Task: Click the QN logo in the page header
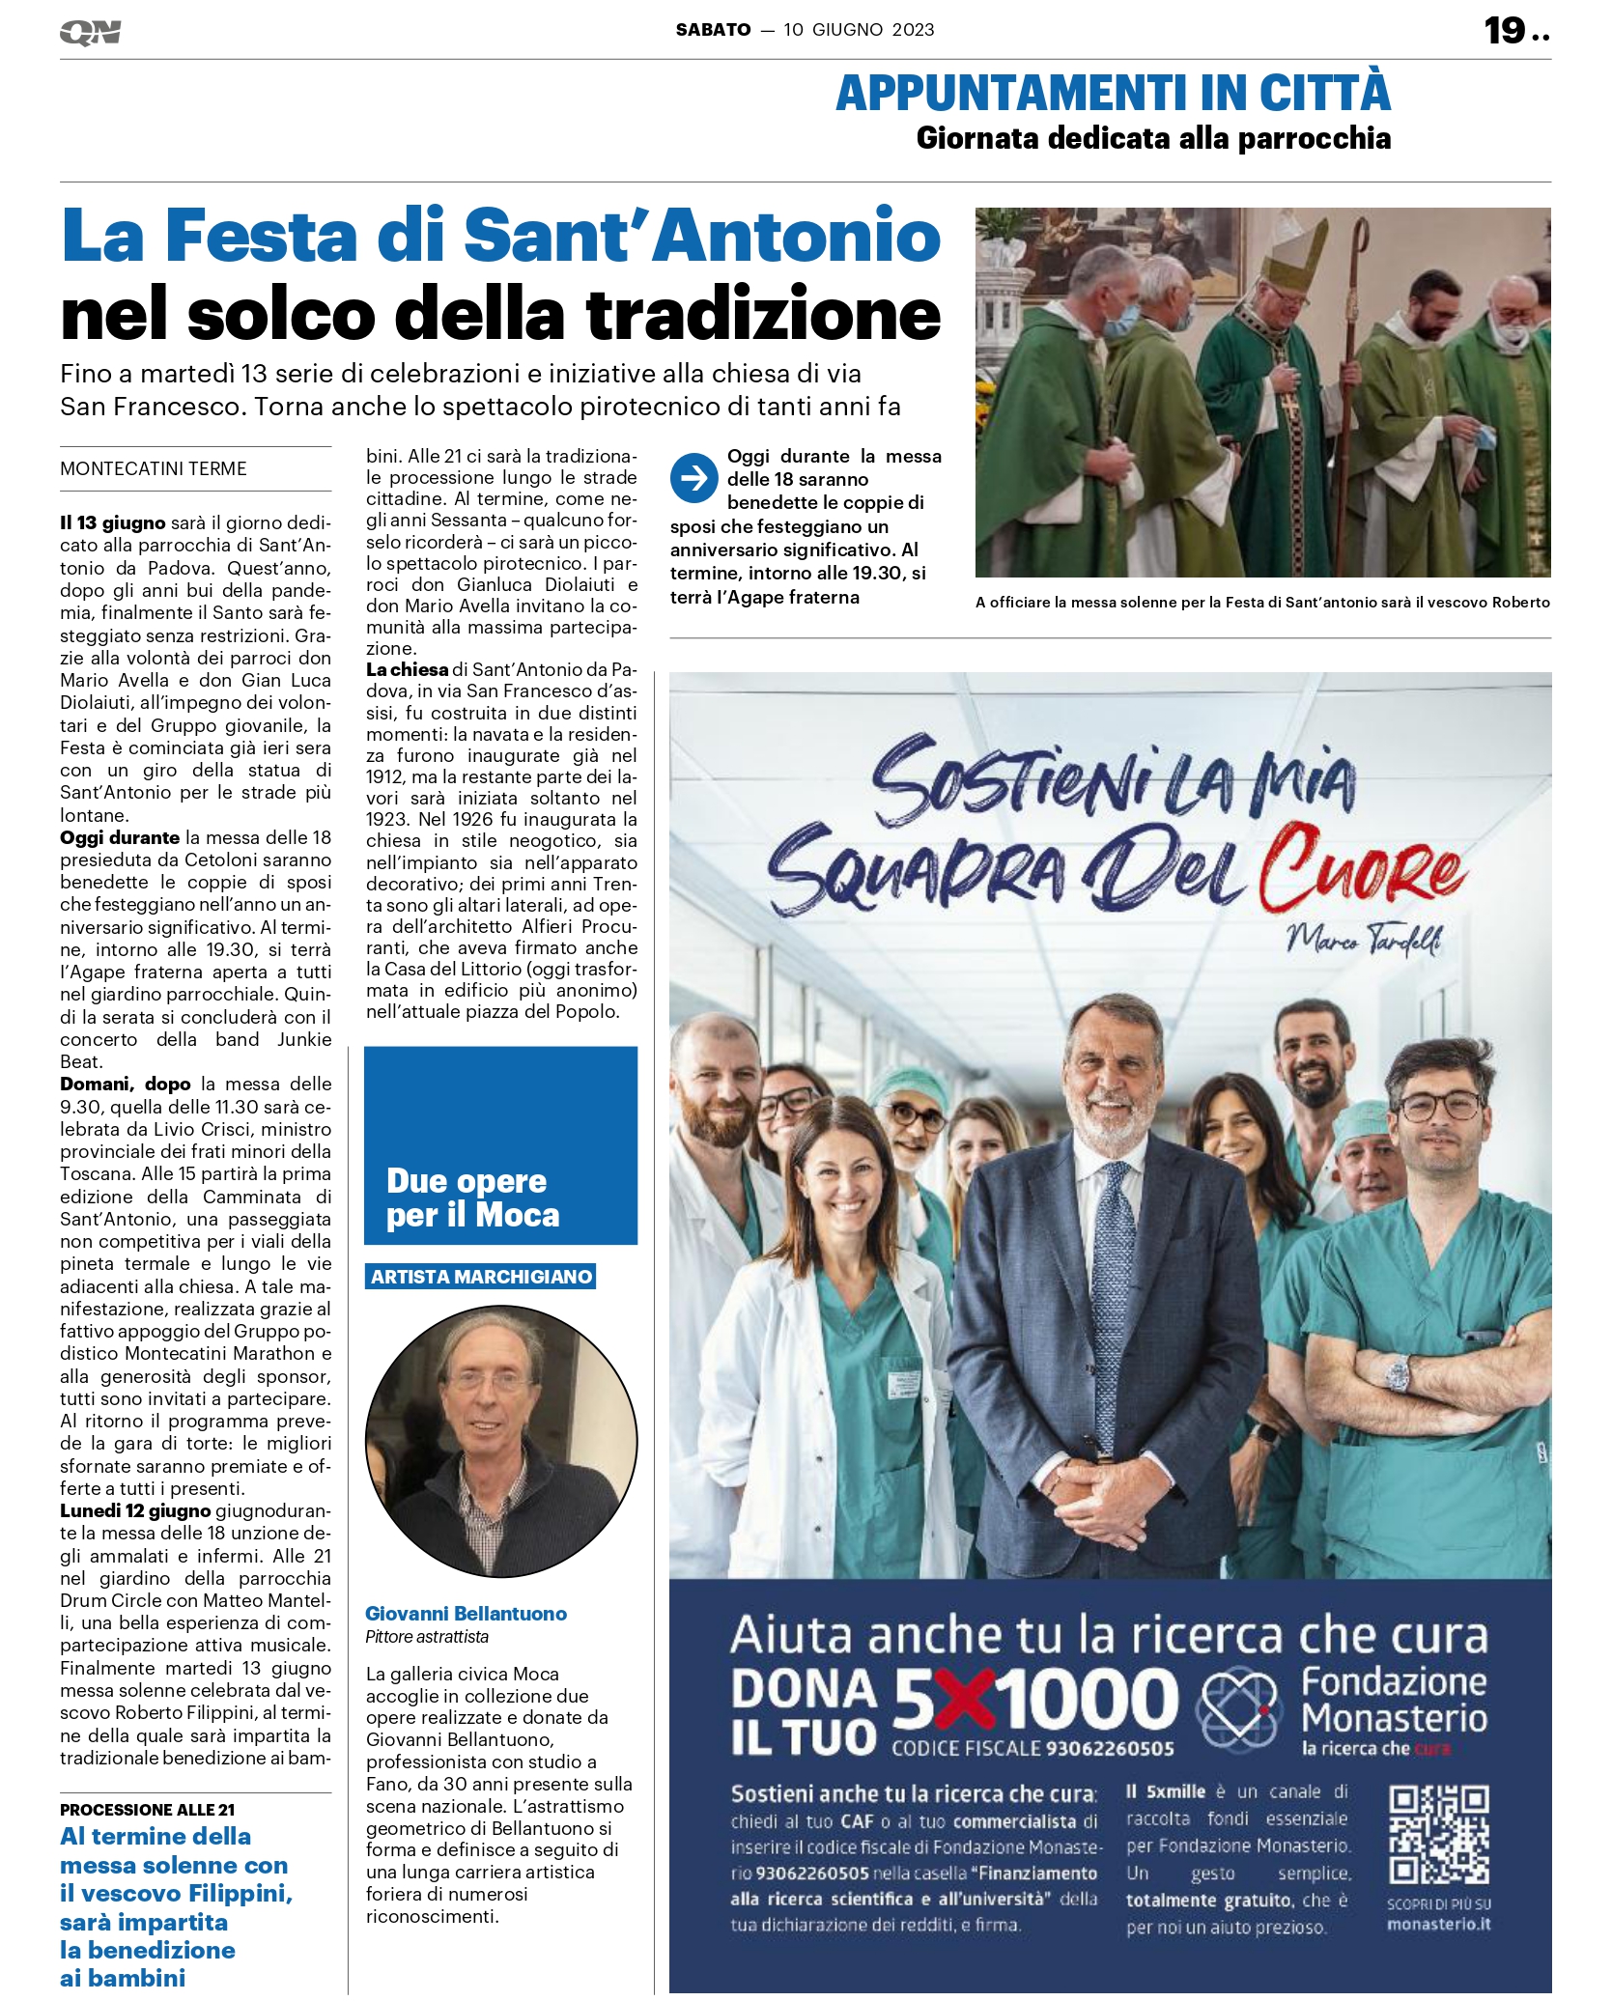pos(90,33)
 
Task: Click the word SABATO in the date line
pos(713,30)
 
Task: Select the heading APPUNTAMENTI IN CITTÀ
pos(1113,93)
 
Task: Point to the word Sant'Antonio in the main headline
pos(702,237)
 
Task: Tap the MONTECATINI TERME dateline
pos(154,469)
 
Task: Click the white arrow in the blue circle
pos(693,478)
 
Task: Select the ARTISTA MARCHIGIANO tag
pos(481,1277)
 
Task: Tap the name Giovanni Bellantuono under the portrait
pos(466,1614)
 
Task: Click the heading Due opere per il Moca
pos(472,1198)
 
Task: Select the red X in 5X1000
pos(966,1701)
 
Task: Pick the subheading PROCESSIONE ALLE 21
pos(147,1810)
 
